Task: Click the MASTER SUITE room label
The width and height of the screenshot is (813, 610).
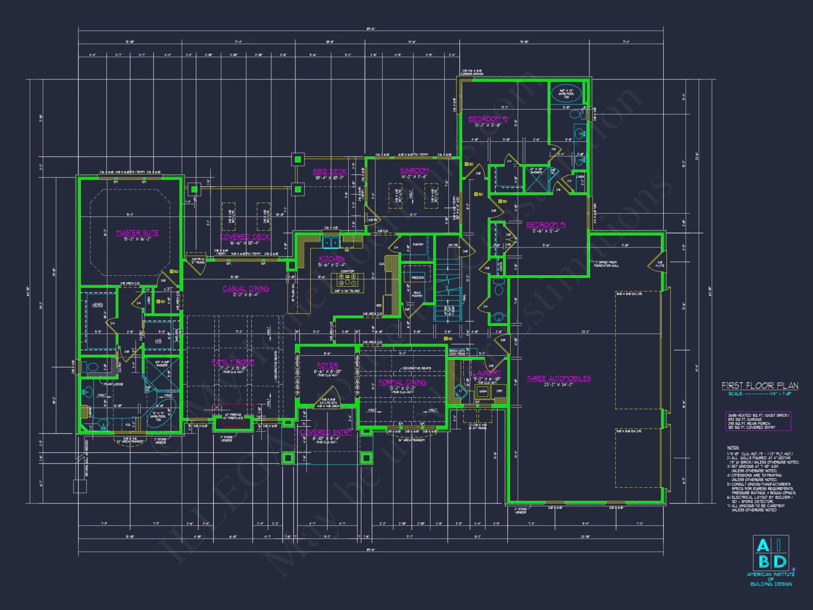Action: click(x=137, y=233)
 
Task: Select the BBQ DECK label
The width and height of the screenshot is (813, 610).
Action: click(x=329, y=172)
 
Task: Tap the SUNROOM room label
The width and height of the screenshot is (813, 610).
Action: click(x=414, y=170)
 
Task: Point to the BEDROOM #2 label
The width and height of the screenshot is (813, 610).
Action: click(x=487, y=119)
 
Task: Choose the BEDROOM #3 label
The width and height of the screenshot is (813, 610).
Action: click(x=546, y=224)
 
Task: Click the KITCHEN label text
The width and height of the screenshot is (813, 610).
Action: click(x=332, y=259)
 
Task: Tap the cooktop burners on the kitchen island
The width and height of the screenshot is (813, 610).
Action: click(x=347, y=280)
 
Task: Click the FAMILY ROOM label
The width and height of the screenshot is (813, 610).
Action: click(x=233, y=362)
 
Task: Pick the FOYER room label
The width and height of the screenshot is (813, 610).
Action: click(x=327, y=365)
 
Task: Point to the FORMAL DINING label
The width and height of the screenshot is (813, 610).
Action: click(x=402, y=382)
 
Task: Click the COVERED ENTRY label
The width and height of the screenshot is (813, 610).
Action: click(x=326, y=432)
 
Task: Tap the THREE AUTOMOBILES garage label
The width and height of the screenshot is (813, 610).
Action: click(x=559, y=378)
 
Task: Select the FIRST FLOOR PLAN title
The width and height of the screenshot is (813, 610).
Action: click(x=759, y=385)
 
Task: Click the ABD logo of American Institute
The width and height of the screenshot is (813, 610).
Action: click(x=771, y=553)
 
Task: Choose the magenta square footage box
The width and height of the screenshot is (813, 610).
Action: click(x=758, y=421)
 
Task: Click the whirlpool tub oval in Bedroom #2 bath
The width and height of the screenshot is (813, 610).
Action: click(x=566, y=94)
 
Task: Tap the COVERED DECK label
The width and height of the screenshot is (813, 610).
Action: click(x=244, y=237)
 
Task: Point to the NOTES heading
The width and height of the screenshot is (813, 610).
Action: click(x=733, y=447)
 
